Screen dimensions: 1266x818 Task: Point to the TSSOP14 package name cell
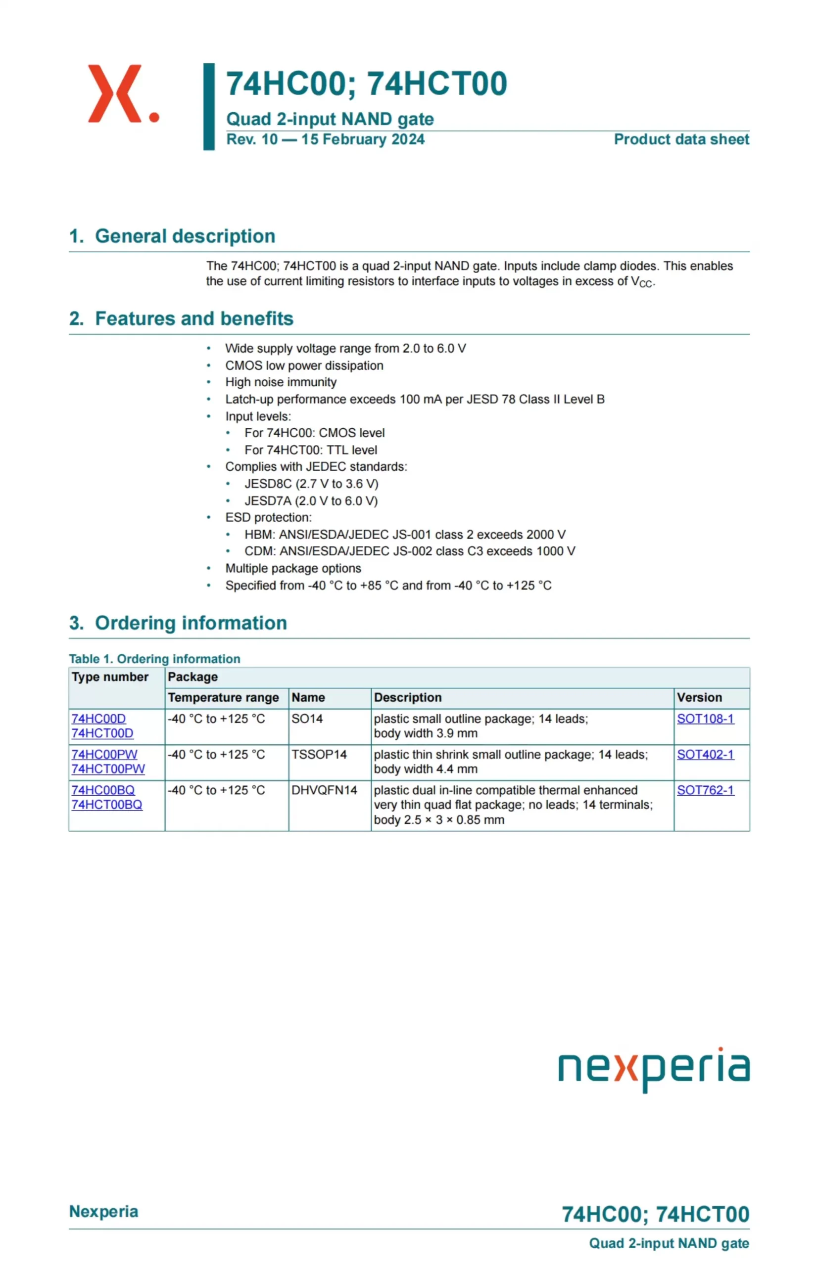pyautogui.click(x=319, y=754)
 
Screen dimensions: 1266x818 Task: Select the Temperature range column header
pyautogui.click(x=223, y=697)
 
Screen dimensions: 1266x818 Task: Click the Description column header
pyautogui.click(x=407, y=697)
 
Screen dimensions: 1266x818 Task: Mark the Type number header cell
pyautogui.click(x=110, y=677)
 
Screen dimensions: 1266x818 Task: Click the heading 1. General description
pyautogui.click(x=172, y=236)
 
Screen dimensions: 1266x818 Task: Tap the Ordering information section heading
pyautogui.click(x=178, y=623)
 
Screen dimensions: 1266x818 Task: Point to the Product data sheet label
pyautogui.click(x=681, y=139)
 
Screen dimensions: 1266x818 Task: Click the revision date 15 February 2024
pyautogui.click(x=363, y=139)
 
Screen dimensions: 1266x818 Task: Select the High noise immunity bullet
pyautogui.click(x=281, y=382)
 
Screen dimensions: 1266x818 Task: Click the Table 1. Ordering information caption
pyautogui.click(x=154, y=659)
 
